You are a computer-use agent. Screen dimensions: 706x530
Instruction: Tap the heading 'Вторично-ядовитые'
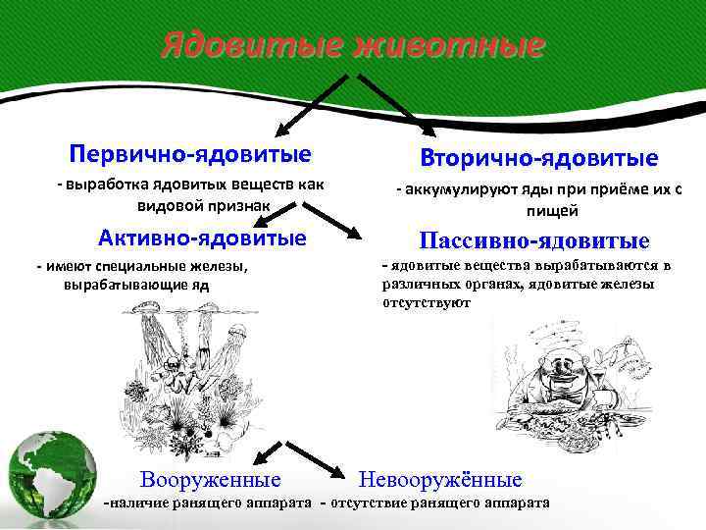[x=539, y=157]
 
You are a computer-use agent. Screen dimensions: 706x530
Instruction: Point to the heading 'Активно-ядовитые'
[x=203, y=238]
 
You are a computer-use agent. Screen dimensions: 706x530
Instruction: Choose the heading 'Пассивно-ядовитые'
[x=534, y=240]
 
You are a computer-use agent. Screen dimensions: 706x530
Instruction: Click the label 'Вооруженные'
[x=210, y=480]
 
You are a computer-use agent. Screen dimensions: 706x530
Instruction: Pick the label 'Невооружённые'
[x=441, y=480]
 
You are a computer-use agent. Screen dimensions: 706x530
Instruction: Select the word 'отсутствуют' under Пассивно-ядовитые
[x=427, y=303]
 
